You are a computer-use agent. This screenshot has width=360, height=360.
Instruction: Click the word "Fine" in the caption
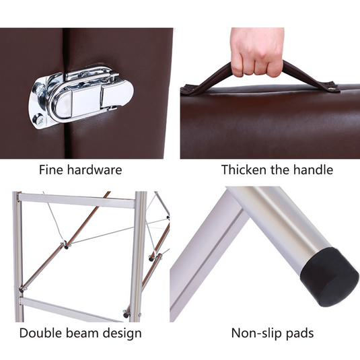coord(50,170)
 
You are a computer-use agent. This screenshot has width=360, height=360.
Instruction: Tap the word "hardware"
coord(95,170)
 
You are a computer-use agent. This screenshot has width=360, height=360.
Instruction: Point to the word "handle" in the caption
coord(313,170)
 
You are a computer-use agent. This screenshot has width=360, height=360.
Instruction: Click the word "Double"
coord(40,333)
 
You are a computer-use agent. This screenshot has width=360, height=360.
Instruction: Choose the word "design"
coord(122,334)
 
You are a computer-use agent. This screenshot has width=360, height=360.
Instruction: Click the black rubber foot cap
coord(330,277)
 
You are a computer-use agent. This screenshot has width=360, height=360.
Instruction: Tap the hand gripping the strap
coord(258,52)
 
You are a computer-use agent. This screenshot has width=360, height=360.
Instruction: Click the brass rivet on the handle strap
coord(330,87)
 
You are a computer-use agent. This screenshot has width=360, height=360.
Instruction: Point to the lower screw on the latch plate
coord(38,119)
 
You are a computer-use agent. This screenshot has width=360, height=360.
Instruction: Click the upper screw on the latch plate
coord(40,88)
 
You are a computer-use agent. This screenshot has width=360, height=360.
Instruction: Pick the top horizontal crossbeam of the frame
coord(76,201)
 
